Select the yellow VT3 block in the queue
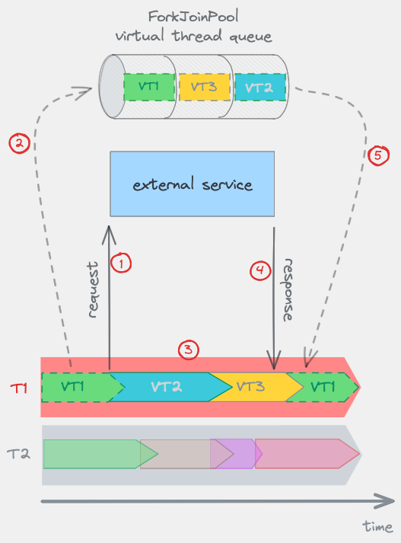(203, 86)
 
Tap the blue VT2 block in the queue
(259, 86)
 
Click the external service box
(192, 184)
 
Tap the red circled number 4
(260, 270)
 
